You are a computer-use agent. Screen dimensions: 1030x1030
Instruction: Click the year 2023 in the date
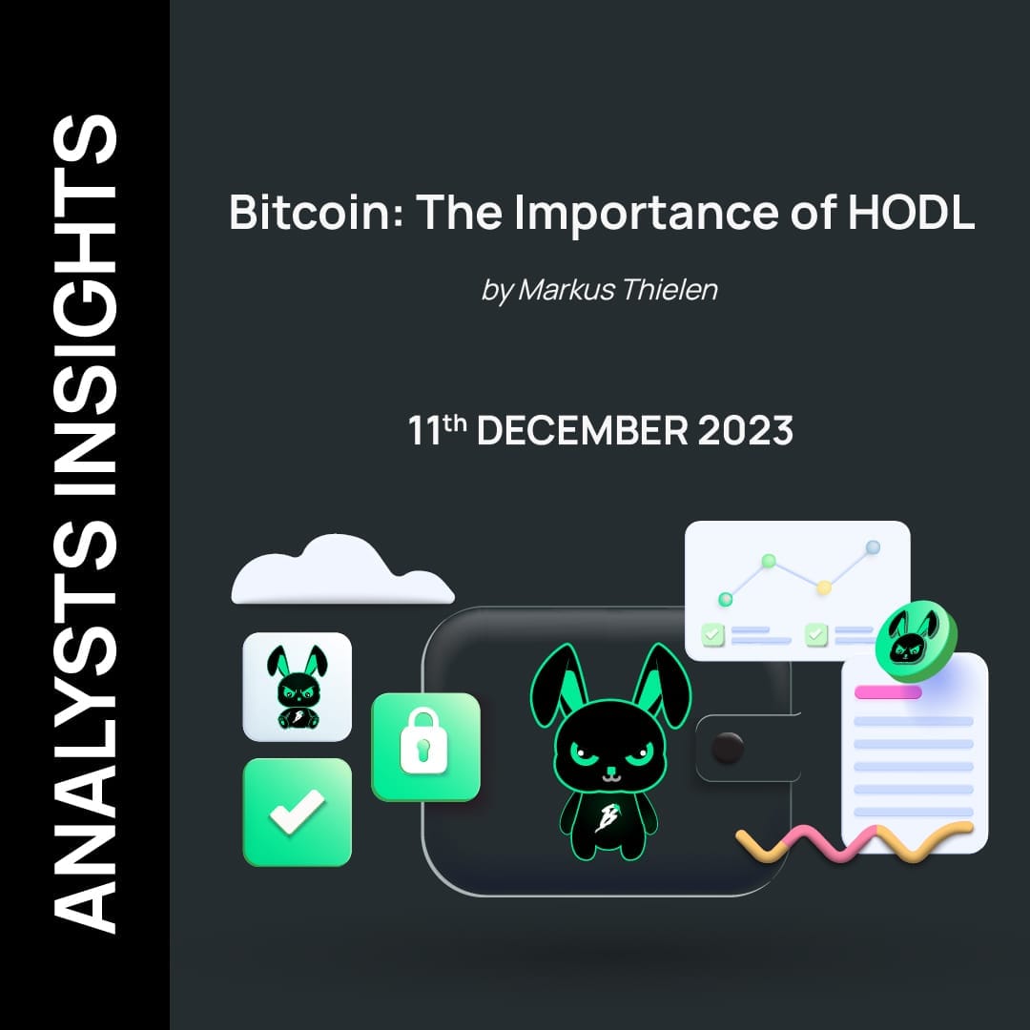click(746, 431)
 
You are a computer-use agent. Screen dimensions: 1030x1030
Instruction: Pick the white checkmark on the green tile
click(297, 813)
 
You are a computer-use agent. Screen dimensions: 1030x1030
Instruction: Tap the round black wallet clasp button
click(728, 747)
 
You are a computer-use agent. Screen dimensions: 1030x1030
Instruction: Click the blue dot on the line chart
click(872, 547)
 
